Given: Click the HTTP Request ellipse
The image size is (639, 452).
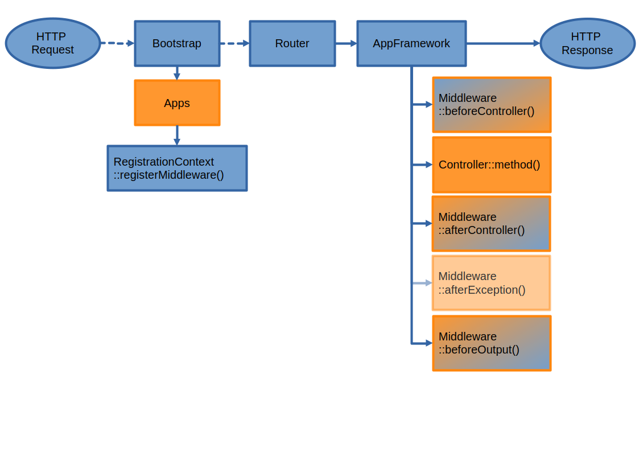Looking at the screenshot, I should [53, 43].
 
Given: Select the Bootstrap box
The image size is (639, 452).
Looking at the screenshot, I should [177, 44].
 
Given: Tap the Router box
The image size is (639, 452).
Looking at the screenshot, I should [292, 44].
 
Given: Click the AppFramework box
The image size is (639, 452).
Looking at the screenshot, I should [411, 44].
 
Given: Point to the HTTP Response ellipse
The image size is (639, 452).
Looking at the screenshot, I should [587, 43].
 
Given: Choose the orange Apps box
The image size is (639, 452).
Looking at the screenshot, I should [177, 103].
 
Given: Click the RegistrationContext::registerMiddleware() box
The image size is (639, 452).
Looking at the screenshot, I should [177, 169].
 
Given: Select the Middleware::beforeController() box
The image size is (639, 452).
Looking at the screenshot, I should [492, 105].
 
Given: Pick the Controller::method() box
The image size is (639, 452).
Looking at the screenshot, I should [492, 165].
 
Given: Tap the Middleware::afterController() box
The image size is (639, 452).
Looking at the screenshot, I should [491, 224].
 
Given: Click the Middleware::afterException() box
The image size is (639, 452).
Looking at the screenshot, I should [491, 283].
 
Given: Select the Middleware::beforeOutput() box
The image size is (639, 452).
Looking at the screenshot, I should [492, 343].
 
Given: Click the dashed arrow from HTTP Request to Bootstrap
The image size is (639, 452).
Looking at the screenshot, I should [117, 43].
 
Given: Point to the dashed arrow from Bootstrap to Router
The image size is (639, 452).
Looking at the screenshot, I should [234, 43].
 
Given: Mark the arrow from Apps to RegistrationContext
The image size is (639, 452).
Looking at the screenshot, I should [177, 135].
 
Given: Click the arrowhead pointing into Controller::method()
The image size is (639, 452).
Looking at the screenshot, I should [428, 165].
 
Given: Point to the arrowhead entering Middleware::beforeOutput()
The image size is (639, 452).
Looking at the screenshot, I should [428, 343].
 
